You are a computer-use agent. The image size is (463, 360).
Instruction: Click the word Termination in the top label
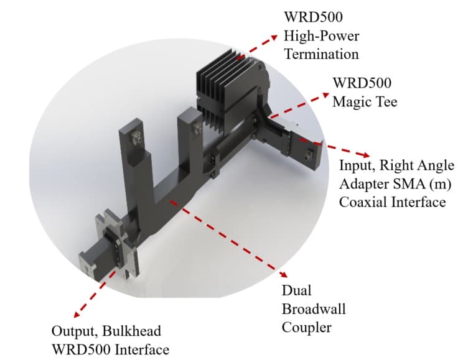321,54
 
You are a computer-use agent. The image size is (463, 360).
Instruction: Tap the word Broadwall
314,308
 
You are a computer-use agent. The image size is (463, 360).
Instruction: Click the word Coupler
306,327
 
